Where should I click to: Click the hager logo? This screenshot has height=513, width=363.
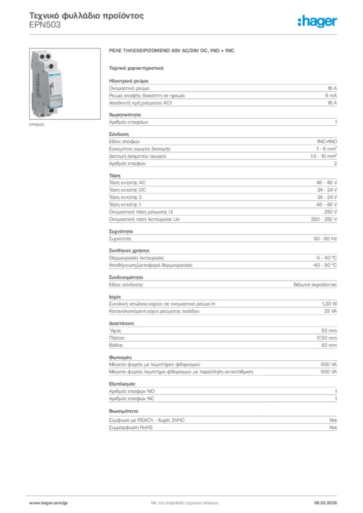point(317,21)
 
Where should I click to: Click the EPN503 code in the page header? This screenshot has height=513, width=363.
point(45,25)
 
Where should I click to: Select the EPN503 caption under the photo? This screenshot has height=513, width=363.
point(37,124)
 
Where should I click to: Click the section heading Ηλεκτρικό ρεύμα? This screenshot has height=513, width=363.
point(128,80)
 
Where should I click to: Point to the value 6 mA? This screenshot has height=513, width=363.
point(330,95)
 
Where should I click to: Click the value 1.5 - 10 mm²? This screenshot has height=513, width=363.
point(323,156)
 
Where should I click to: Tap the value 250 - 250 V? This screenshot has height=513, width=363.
point(324,219)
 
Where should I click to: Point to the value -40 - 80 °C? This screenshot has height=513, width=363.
point(324,265)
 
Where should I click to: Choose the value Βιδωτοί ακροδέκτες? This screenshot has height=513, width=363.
point(315,285)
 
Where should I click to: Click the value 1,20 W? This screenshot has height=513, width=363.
point(329,304)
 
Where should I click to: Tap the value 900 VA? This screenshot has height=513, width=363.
point(328,372)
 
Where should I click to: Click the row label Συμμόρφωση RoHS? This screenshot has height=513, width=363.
point(131,428)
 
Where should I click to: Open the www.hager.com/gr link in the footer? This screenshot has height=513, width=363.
point(49,502)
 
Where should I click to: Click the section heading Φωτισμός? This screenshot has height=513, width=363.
point(120,357)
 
